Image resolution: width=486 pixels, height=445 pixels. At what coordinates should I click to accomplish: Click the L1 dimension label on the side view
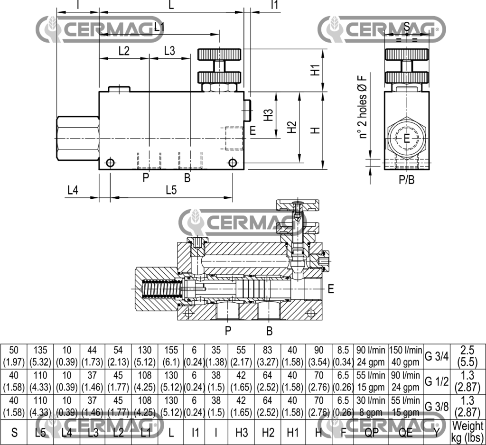tap(159, 27)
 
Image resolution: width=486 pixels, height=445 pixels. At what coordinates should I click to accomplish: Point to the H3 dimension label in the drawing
tap(269, 115)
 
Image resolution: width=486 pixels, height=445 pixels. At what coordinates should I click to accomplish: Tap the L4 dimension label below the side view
tap(72, 190)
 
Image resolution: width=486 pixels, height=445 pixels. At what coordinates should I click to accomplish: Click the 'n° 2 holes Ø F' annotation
tap(364, 106)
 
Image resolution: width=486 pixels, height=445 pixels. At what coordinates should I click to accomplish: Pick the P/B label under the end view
tap(406, 180)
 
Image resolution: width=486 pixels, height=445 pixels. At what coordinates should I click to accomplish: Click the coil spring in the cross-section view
tap(161, 288)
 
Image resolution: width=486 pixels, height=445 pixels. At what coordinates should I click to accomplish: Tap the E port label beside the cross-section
tap(331, 288)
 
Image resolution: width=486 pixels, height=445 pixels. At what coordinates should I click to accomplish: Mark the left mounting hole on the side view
tap(110, 163)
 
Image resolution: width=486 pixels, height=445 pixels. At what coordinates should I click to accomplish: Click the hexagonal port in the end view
tap(406, 138)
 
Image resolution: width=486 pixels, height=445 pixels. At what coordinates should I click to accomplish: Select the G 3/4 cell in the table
tap(436, 356)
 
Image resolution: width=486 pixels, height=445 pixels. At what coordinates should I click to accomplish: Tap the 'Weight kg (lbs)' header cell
tap(467, 431)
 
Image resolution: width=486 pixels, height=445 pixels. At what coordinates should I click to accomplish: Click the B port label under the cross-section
tap(269, 331)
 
